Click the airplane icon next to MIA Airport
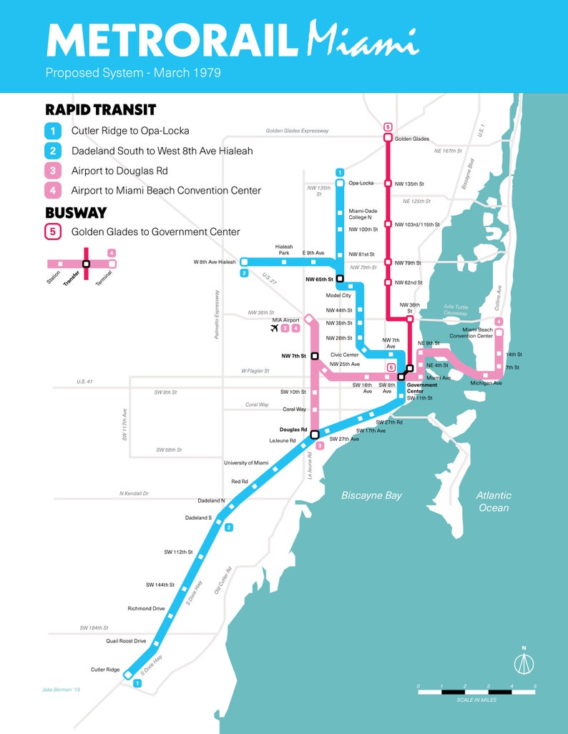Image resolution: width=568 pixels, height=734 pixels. (x=273, y=328)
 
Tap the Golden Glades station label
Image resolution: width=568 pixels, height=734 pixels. (x=411, y=139)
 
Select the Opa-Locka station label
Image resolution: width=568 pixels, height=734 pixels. (x=361, y=183)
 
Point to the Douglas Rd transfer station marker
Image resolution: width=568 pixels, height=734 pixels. (x=314, y=434)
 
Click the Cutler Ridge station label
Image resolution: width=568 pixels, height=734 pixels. (x=105, y=670)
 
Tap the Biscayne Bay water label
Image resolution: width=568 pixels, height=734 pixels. (x=371, y=495)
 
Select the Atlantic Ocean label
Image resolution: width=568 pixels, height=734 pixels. (x=494, y=501)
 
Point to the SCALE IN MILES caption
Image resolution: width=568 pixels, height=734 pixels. (x=476, y=700)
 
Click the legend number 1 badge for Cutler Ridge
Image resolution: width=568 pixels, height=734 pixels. (x=53, y=131)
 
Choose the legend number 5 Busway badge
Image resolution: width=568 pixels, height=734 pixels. (x=53, y=232)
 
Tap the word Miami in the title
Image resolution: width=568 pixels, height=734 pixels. (x=362, y=41)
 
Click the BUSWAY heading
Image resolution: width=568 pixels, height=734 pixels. (x=76, y=213)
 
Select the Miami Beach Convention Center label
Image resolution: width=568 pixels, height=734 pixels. (x=471, y=332)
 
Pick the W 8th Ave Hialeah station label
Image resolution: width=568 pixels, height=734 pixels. (x=214, y=262)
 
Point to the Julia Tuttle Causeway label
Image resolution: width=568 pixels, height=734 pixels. (x=455, y=309)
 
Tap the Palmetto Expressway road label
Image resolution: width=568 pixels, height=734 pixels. (x=217, y=314)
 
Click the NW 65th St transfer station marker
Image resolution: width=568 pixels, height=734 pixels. (x=340, y=279)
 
